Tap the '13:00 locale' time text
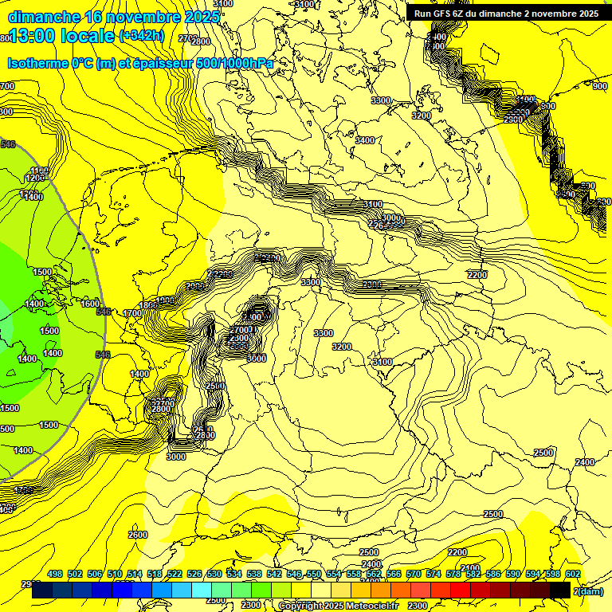[x=61, y=37]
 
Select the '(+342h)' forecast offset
[x=141, y=36]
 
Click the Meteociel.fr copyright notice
[x=338, y=606]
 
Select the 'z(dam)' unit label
[x=588, y=590]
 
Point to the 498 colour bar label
[x=55, y=574]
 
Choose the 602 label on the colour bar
[x=572, y=574]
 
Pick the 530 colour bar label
[x=214, y=574]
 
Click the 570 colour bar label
[x=414, y=574]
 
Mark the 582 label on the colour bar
[x=473, y=574]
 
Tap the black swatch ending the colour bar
[x=560, y=590]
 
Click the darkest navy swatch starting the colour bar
[x=42, y=590]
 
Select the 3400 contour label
[x=364, y=140]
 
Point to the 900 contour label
[x=599, y=86]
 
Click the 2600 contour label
[x=138, y=535]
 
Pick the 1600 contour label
[x=90, y=304]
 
